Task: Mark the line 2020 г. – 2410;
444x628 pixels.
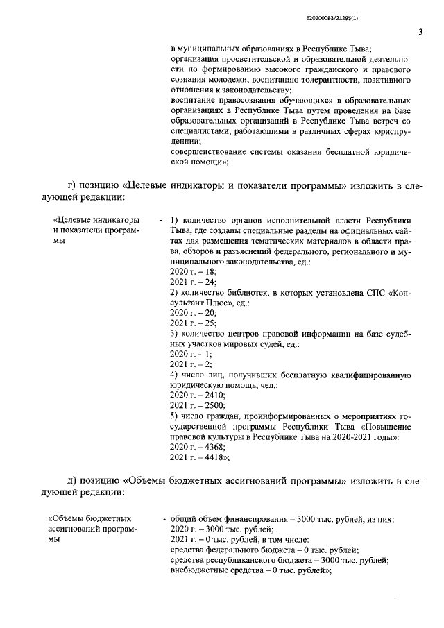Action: click(196, 395)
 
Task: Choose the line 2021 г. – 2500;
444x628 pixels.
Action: click(196, 405)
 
